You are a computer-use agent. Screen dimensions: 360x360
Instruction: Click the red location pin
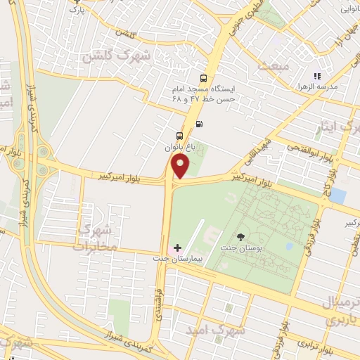[181, 167]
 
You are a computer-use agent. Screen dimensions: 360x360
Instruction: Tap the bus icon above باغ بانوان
[180, 135]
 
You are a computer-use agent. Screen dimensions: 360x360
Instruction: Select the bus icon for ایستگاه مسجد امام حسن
[203, 79]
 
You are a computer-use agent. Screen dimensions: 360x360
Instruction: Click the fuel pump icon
[200, 124]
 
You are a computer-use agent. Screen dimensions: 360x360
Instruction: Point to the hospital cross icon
[177, 247]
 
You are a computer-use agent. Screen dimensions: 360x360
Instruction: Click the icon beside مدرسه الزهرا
[317, 76]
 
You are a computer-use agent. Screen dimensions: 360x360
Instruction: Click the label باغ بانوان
[179, 148]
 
